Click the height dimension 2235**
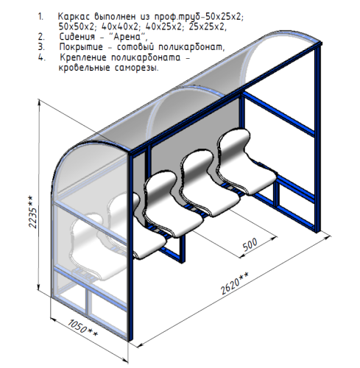(x=32, y=212)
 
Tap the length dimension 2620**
(x=234, y=283)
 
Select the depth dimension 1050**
(x=82, y=328)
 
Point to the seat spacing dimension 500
(x=250, y=244)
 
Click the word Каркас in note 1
(x=74, y=17)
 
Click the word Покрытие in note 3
(x=81, y=47)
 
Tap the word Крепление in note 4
(x=83, y=57)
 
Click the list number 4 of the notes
(x=42, y=57)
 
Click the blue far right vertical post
(x=318, y=138)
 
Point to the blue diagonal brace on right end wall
(x=278, y=114)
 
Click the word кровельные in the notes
(x=84, y=68)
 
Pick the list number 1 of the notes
(x=40, y=17)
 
